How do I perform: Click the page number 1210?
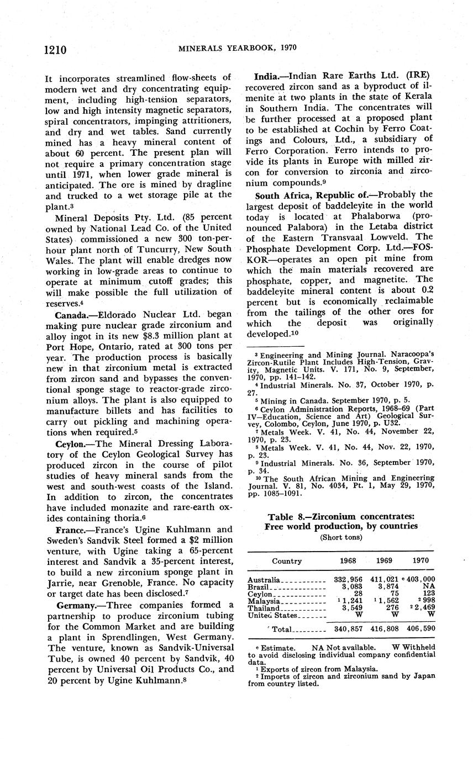click(55, 50)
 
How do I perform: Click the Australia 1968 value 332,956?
click(345, 580)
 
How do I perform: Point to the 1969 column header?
click(383, 560)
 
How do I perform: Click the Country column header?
click(286, 560)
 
